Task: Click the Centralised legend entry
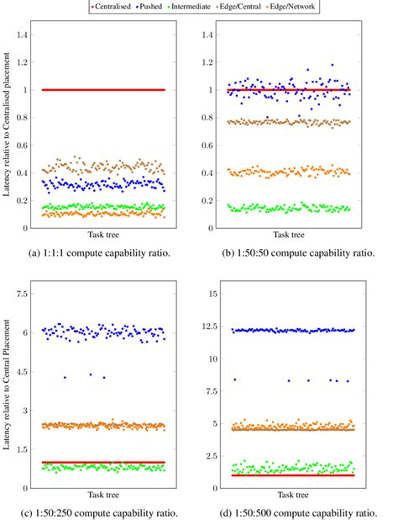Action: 115,6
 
